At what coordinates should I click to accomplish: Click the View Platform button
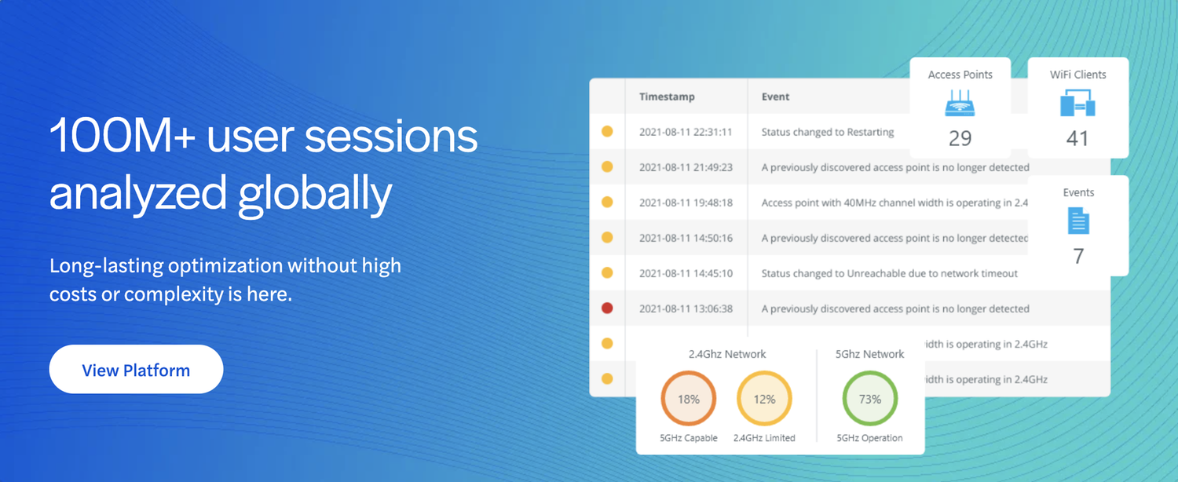pyautogui.click(x=136, y=370)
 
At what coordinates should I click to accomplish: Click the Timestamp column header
pyautogui.click(x=666, y=97)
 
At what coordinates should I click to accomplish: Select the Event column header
pyautogui.click(x=775, y=97)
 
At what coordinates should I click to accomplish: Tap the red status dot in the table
pyautogui.click(x=607, y=309)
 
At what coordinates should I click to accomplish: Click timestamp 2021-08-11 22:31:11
pyautogui.click(x=685, y=133)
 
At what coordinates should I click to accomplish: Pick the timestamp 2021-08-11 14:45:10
pyautogui.click(x=685, y=274)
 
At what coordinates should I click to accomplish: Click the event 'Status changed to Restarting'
pyautogui.click(x=828, y=133)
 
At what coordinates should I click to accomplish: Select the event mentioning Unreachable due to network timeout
pyautogui.click(x=889, y=274)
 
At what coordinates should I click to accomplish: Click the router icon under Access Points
pyautogui.click(x=960, y=103)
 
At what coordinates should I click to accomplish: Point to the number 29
pyautogui.click(x=960, y=139)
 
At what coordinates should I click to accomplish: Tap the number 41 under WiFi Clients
pyautogui.click(x=1077, y=139)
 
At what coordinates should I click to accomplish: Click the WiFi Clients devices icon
pyautogui.click(x=1077, y=103)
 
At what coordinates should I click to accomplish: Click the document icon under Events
pyautogui.click(x=1078, y=221)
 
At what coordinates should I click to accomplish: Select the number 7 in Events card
pyautogui.click(x=1078, y=256)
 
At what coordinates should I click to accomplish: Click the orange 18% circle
pyautogui.click(x=689, y=399)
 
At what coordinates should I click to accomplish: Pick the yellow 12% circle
pyautogui.click(x=764, y=399)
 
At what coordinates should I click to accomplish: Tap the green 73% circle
pyautogui.click(x=869, y=399)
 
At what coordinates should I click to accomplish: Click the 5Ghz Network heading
pyautogui.click(x=869, y=354)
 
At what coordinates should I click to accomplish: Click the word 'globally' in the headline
pyautogui.click(x=315, y=193)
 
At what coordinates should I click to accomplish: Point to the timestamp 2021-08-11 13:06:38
pyautogui.click(x=685, y=309)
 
